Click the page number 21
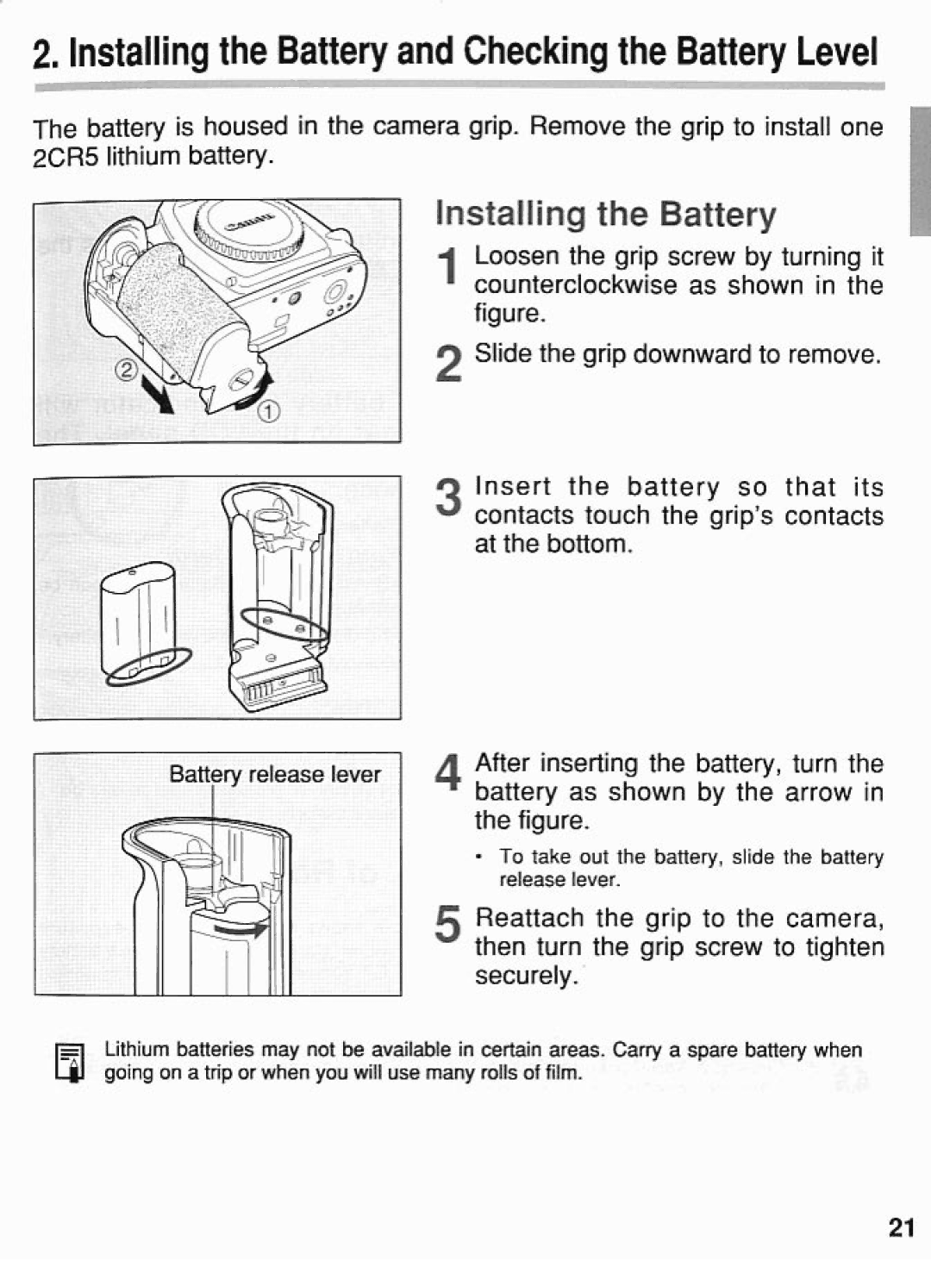[x=900, y=1228]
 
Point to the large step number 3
[x=447, y=499]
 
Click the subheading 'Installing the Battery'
[x=605, y=214]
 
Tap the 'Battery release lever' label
[x=274, y=774]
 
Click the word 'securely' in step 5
[x=525, y=976]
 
